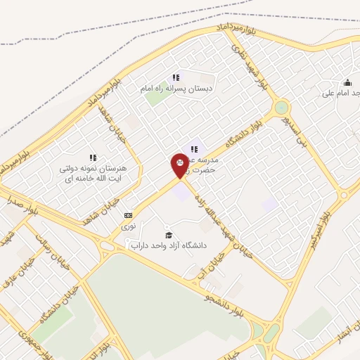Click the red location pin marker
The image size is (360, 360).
(179, 165)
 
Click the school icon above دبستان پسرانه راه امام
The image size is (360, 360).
(175, 78)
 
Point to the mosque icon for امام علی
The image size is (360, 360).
(347, 82)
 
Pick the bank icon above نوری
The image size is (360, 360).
(128, 215)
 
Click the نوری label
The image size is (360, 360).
(128, 226)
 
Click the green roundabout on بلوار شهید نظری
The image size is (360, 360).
(282, 108)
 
